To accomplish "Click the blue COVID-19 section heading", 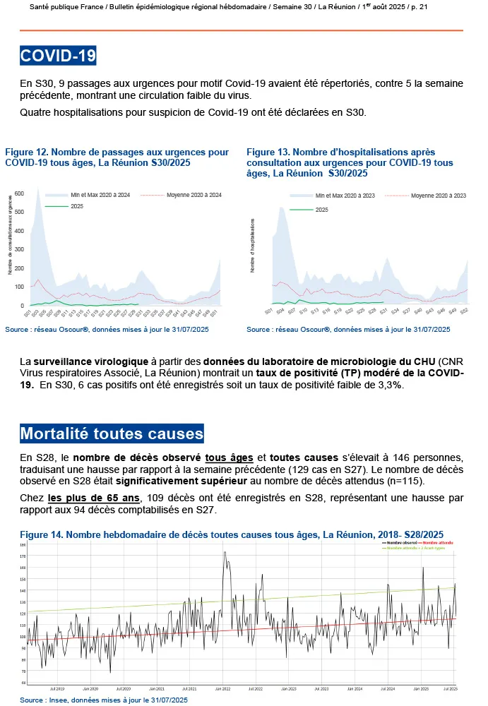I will [x=58, y=56].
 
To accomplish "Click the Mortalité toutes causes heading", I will [x=112, y=433].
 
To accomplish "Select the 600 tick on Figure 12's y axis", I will [x=20, y=192].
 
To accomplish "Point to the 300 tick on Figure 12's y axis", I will [x=20, y=249].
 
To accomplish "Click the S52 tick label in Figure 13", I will [x=464, y=311].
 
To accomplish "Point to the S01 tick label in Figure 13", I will [x=269, y=311].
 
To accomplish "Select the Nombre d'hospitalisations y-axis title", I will [x=253, y=245].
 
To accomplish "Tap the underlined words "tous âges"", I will [x=229, y=457].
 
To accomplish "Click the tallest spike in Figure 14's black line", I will [x=225, y=552].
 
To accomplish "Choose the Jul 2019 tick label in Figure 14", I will [x=57, y=688].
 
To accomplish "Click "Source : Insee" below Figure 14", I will [x=43, y=700].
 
